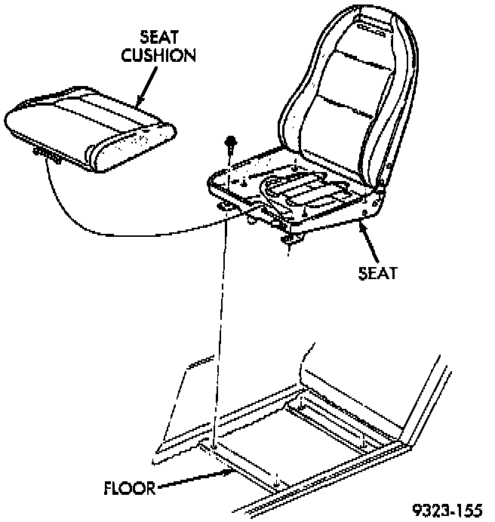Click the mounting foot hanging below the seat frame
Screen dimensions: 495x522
(x=291, y=239)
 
